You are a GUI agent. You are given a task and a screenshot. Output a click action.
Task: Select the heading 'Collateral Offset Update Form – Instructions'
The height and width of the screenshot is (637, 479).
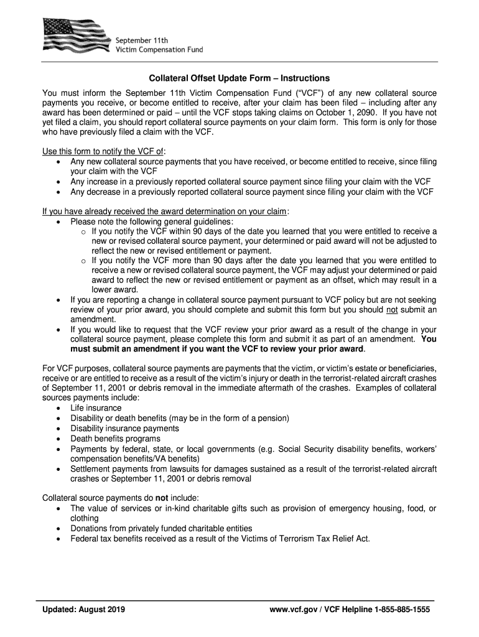click(239, 79)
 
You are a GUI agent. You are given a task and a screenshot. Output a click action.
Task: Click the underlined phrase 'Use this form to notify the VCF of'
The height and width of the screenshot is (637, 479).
click(103, 152)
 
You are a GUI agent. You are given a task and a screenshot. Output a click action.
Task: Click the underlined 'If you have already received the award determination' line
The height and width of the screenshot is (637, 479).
click(164, 212)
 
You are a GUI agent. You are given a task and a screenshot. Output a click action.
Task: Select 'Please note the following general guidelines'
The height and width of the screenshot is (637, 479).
click(152, 221)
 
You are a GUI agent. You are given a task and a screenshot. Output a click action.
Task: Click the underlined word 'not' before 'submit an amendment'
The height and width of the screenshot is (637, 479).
click(392, 310)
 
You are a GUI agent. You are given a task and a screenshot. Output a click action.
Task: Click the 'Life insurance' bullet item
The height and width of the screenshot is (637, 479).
click(96, 408)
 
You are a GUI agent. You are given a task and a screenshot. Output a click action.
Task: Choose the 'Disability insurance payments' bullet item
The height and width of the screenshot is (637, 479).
click(124, 428)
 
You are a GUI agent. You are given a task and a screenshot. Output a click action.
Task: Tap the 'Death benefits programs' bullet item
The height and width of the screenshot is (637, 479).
click(114, 438)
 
